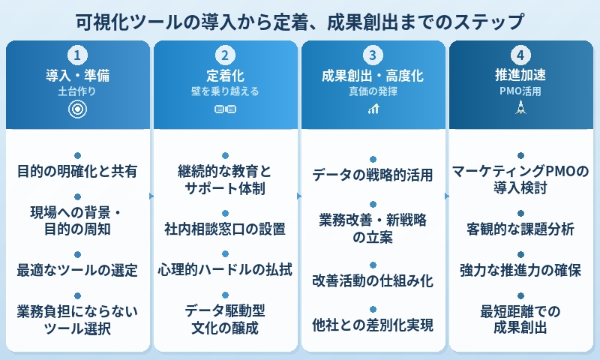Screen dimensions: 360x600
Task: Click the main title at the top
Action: (x=300, y=19)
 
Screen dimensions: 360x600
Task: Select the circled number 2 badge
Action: (x=225, y=55)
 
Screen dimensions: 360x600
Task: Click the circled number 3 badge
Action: (x=373, y=55)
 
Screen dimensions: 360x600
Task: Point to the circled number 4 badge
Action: (x=520, y=55)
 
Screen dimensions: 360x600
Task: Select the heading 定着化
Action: (x=225, y=75)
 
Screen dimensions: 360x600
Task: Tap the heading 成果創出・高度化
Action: (x=373, y=75)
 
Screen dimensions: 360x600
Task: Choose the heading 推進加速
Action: (x=520, y=75)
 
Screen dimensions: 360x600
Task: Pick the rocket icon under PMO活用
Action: (x=520, y=109)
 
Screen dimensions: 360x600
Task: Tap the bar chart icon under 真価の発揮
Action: (x=373, y=109)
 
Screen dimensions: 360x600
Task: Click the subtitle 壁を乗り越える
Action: (x=225, y=91)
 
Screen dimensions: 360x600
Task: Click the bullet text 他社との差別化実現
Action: (x=373, y=325)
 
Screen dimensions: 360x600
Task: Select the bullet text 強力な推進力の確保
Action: (x=520, y=270)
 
